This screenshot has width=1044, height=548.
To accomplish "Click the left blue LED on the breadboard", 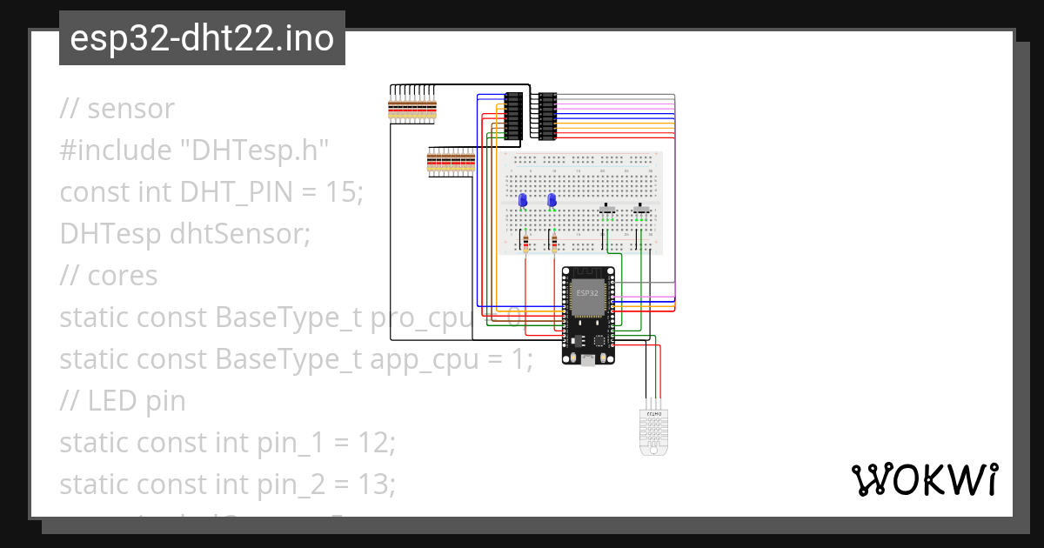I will (x=523, y=201).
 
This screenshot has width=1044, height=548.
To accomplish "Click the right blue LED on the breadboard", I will (x=552, y=201).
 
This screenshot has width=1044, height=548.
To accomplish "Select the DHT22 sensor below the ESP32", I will (x=651, y=430).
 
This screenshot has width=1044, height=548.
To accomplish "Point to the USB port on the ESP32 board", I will (x=589, y=359).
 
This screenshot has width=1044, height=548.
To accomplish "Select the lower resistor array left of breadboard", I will (x=450, y=163).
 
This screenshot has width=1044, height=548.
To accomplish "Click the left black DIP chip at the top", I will (x=514, y=116).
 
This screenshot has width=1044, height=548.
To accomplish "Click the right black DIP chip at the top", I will (x=547, y=116).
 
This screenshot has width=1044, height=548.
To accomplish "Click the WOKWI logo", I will (x=923, y=479).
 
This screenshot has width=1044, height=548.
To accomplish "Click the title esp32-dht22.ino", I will (x=202, y=39).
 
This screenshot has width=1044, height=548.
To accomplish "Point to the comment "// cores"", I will (x=109, y=276).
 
